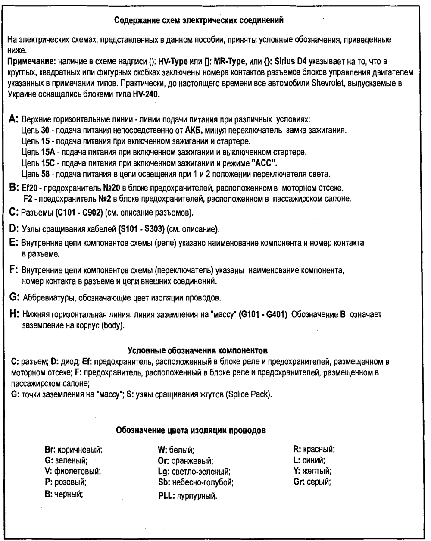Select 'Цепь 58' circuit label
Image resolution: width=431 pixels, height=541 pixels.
click(33, 174)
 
